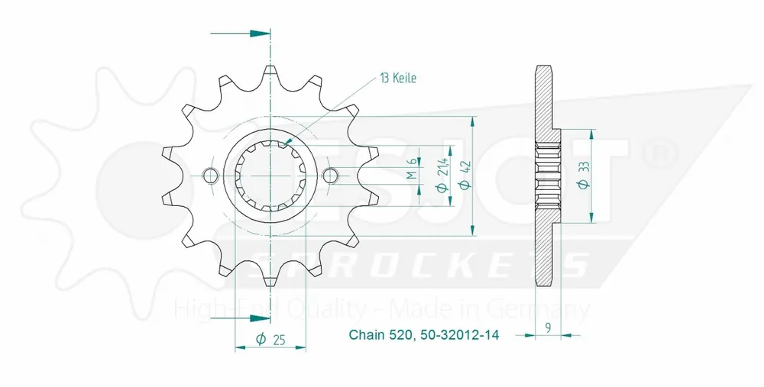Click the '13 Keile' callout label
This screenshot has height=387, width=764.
[397, 79]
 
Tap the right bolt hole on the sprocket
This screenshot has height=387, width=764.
[330, 176]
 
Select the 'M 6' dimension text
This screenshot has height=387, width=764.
[412, 170]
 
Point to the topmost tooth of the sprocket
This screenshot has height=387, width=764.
[270, 73]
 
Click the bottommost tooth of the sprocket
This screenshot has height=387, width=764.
[270, 279]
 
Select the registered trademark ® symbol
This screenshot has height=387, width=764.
[658, 152]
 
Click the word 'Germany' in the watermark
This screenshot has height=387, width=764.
[550, 308]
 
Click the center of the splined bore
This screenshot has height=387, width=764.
[270, 176]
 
